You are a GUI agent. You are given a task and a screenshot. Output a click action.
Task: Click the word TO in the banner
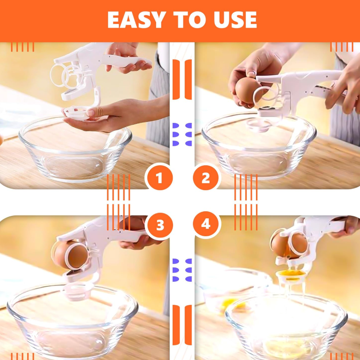pos(186,20)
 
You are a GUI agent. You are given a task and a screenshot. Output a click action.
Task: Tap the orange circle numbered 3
pos(159,225)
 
